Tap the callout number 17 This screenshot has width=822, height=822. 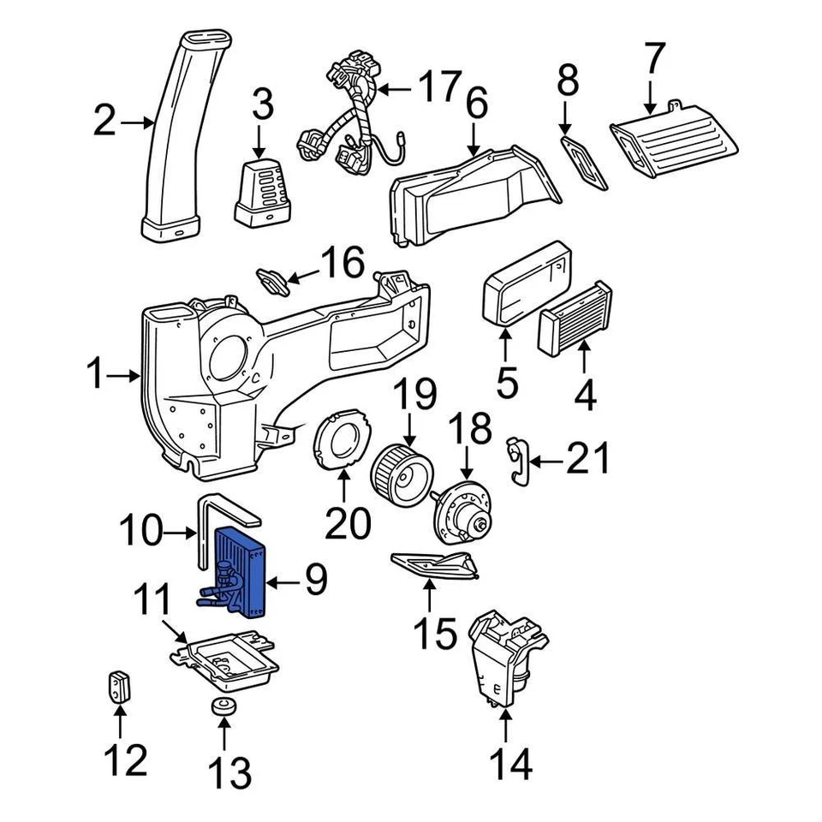[438, 88]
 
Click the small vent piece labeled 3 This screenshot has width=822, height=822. [262, 186]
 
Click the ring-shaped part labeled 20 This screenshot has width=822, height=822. [342, 438]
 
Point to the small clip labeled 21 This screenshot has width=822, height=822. [517, 461]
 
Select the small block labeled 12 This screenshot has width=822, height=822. [119, 686]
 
